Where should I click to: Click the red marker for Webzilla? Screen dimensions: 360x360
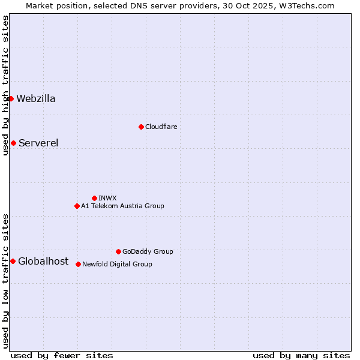coord(11,98)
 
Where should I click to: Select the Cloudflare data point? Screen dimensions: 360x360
coord(141,127)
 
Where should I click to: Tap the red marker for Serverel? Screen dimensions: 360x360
coord(13,143)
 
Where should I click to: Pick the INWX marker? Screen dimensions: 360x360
coord(94,198)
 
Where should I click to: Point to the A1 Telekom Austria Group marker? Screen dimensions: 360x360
coord(77,206)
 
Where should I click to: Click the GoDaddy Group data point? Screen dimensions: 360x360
coord(118,251)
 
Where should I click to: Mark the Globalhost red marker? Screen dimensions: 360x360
coord(13,261)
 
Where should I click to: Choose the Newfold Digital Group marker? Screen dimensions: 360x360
coord(78,264)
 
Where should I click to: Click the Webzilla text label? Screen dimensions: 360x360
coord(36,99)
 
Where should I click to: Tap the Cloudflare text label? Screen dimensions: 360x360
coord(161,127)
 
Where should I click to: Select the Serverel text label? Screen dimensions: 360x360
coord(38,143)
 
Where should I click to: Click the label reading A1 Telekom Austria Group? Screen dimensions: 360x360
coord(122,206)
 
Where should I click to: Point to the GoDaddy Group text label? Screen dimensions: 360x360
coord(148,252)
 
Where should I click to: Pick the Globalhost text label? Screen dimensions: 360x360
coord(43,261)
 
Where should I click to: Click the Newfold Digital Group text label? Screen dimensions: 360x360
coord(117,265)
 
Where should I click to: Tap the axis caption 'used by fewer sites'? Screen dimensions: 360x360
coord(62,355)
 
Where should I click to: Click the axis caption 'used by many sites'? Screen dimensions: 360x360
coord(301,355)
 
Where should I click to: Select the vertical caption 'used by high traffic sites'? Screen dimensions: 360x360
coord(5,85)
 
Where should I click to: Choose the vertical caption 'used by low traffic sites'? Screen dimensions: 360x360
coord(5,281)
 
